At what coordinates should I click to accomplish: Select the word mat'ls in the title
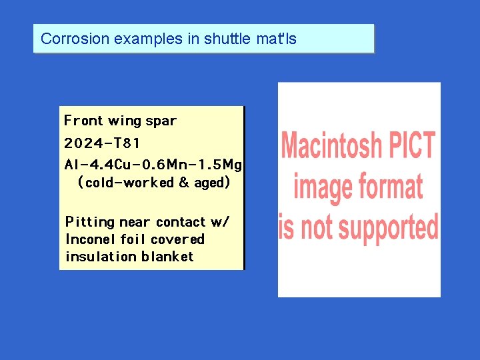pos(277,39)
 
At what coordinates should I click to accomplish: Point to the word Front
pos(83,121)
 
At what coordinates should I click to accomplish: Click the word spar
pos(161,121)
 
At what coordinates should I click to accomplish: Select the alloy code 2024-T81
pos(102,143)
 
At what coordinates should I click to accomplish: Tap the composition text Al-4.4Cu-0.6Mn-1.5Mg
pos(153,164)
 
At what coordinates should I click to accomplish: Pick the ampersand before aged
pos(184,182)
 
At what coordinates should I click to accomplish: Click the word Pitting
pos(89,222)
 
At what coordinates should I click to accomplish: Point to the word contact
pos(181,222)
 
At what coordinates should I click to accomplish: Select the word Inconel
pos(90,239)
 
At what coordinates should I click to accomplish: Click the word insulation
pos(101,257)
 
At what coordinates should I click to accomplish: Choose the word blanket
pos(167,257)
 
